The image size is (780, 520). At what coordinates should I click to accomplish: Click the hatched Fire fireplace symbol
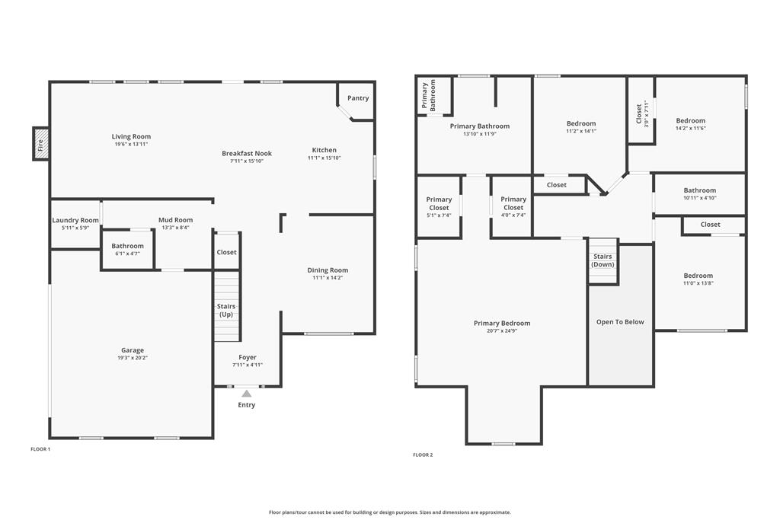[40, 144]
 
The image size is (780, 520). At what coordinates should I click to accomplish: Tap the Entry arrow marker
[246, 394]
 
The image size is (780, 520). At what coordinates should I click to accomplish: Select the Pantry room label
[358, 98]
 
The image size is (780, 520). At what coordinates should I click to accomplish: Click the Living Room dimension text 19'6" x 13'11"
[131, 144]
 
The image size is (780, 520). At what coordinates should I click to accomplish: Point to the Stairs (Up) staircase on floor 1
[227, 307]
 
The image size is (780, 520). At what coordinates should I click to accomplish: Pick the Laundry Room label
[75, 220]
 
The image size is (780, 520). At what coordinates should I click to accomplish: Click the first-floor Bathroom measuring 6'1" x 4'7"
[127, 249]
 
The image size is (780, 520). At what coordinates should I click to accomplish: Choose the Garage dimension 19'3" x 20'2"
[133, 357]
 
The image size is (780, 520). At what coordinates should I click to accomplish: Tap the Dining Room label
[328, 270]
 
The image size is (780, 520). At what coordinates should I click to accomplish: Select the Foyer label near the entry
[248, 357]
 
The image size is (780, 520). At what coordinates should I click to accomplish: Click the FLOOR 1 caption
[40, 449]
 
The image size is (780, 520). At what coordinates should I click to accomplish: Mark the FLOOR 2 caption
[423, 455]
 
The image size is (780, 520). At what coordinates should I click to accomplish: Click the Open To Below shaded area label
[620, 322]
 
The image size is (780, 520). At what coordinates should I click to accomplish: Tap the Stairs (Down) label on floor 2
[603, 260]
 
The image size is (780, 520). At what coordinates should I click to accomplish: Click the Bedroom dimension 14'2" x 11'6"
[691, 128]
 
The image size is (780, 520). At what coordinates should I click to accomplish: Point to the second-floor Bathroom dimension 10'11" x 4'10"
[699, 198]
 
